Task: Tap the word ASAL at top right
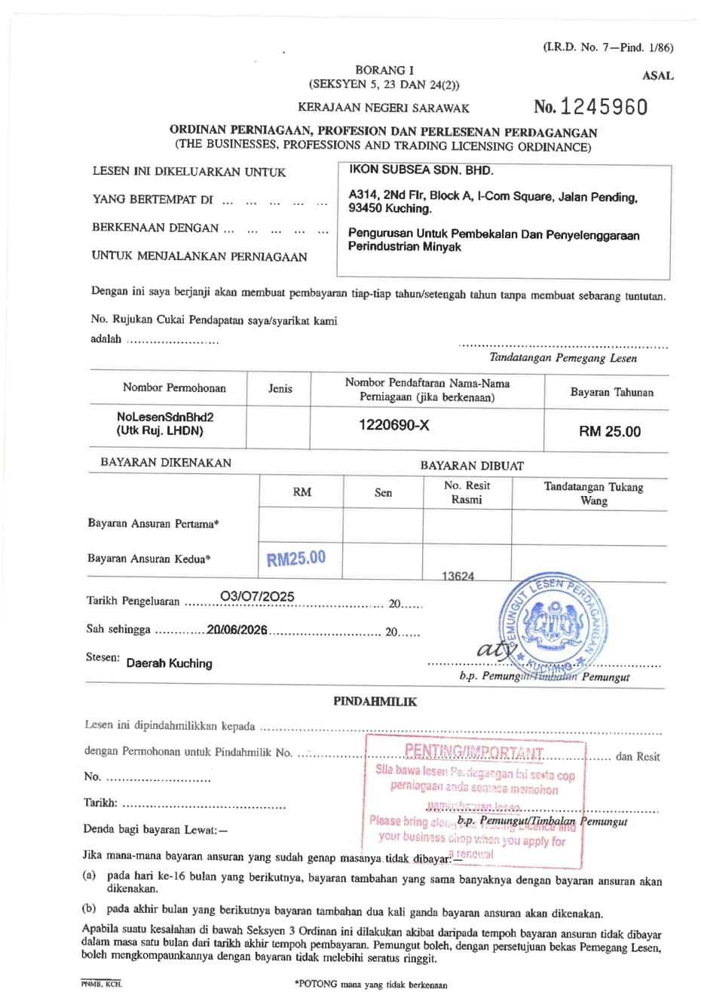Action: [657, 75]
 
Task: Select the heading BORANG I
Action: [384, 70]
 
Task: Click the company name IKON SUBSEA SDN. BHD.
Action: [421, 170]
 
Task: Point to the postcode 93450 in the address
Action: [363, 209]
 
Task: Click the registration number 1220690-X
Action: [394, 425]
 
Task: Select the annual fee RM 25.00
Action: [610, 431]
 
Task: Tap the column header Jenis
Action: [280, 389]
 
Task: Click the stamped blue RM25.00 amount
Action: [296, 559]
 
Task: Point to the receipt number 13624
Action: [458, 576]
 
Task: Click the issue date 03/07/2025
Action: [257, 597]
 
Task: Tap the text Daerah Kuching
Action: [169, 663]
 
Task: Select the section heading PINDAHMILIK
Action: [375, 701]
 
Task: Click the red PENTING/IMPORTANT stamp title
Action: [473, 752]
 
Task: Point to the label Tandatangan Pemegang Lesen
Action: [562, 358]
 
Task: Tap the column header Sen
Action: [383, 492]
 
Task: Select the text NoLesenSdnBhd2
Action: [160, 416]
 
